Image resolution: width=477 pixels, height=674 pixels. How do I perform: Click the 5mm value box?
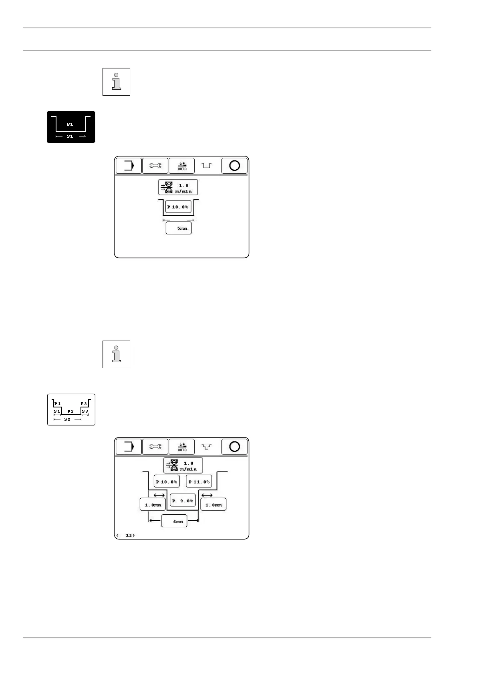point(179,228)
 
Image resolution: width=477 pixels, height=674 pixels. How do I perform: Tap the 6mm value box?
point(174,521)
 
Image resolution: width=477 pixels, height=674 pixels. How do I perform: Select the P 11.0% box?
point(199,481)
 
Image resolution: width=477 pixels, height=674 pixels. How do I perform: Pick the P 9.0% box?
point(183,501)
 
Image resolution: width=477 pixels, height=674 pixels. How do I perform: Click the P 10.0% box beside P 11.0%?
point(167,481)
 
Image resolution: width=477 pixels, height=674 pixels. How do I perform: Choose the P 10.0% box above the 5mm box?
point(178,207)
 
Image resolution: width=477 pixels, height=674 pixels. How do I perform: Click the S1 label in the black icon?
point(70,136)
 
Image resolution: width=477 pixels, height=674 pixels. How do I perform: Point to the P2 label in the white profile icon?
point(70,411)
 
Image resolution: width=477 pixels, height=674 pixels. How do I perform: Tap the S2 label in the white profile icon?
point(67,419)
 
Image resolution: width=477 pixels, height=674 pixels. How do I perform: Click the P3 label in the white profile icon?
point(84,403)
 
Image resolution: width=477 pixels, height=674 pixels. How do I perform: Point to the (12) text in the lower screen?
point(125,535)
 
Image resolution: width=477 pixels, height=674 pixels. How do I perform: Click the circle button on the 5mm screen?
point(234,166)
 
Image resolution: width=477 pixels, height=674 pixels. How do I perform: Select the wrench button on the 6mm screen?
point(155,447)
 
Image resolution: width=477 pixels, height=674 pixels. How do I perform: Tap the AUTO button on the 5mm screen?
point(182,166)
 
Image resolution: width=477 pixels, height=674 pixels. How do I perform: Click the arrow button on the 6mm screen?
point(129,447)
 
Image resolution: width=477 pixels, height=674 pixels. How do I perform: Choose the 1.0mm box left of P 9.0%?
point(153,505)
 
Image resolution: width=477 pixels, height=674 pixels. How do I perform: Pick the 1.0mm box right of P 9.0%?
point(213,505)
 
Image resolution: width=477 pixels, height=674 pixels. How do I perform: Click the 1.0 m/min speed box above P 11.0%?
point(183,465)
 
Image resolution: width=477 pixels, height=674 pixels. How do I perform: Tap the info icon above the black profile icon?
point(116,82)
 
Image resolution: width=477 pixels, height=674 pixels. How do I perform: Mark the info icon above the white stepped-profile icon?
point(116,354)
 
